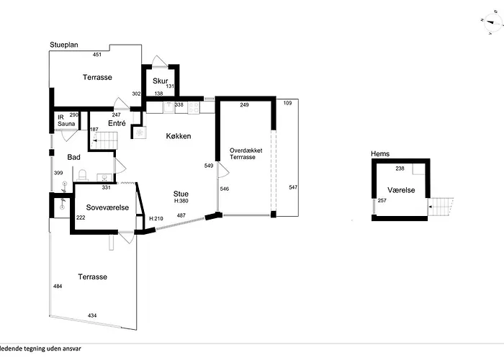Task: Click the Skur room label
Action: tap(160, 81)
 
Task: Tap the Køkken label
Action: tap(179, 136)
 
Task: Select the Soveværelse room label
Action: tap(107, 207)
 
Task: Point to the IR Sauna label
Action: tap(66, 120)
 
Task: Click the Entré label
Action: tap(117, 123)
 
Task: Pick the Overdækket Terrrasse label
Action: tap(246, 153)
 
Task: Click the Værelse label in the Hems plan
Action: tap(401, 190)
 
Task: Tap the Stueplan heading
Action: tap(64, 45)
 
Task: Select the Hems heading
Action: tap(380, 153)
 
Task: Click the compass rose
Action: tap(492, 22)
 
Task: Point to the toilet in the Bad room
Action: tap(83, 176)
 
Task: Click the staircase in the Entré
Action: tap(104, 140)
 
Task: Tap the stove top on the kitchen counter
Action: tap(194, 107)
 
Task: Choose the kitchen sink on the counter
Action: tap(168, 107)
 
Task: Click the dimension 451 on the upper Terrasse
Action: tap(96, 54)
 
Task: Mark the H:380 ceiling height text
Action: tap(181, 201)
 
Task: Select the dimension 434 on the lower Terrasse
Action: tap(92, 315)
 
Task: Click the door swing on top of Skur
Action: tap(160, 61)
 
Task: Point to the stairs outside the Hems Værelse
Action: tap(441, 207)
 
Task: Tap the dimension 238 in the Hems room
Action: tap(400, 168)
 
